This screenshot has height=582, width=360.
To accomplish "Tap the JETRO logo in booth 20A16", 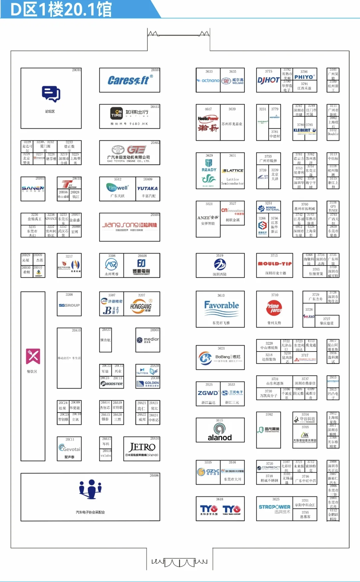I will (142, 447).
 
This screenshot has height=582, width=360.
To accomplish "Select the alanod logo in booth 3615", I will (220, 433).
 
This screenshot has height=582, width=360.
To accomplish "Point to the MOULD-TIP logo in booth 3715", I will (275, 263).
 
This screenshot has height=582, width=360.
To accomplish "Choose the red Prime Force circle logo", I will (274, 308).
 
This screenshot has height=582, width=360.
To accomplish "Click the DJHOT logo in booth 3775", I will (268, 80).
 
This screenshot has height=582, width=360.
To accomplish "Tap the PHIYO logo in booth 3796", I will (304, 77).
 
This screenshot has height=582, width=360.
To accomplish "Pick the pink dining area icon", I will (33, 356).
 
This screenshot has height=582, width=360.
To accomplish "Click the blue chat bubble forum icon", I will (51, 94).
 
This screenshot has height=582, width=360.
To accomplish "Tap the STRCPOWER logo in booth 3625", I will (274, 507).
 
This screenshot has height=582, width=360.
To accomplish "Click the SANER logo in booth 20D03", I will (33, 188).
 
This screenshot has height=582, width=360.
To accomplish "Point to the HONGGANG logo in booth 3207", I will (141, 306).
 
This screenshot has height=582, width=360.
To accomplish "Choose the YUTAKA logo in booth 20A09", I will (147, 188).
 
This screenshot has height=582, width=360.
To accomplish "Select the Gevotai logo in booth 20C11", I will (69, 448).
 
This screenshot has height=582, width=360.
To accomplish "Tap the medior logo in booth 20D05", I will (148, 340).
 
